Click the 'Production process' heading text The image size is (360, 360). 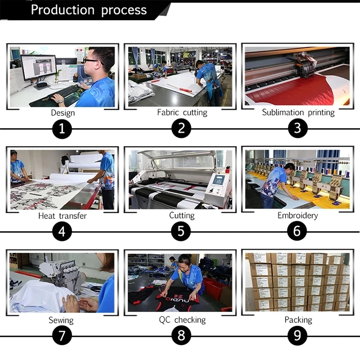click(x=89, y=10)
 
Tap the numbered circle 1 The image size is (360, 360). click(x=62, y=129)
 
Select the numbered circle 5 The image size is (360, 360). click(x=181, y=231)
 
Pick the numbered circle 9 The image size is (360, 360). click(x=297, y=336)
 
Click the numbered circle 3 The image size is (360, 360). click(x=298, y=128)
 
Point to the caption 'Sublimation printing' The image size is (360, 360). click(x=298, y=112)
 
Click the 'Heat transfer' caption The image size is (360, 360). click(x=62, y=216)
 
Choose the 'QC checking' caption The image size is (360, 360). click(x=182, y=320)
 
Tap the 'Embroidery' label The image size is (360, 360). click(x=298, y=216)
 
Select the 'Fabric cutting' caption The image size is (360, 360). click(x=182, y=112)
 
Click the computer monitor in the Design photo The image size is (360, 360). click(x=39, y=68)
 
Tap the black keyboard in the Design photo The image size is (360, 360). click(x=66, y=91)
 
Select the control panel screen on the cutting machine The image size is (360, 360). click(x=218, y=180)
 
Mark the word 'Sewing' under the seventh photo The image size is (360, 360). click(x=61, y=320)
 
